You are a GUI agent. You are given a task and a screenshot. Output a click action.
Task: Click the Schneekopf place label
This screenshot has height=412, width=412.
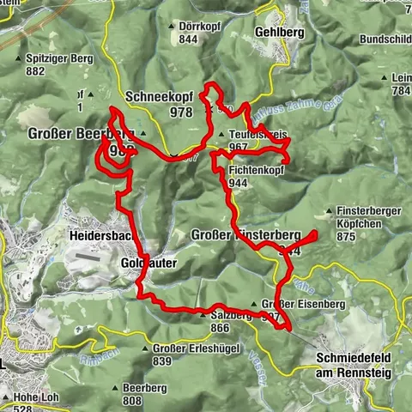point(159,98)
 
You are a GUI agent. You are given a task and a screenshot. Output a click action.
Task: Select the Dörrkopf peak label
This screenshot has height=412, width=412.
point(200,27)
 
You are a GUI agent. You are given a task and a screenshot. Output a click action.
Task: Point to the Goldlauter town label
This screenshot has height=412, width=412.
point(148,263)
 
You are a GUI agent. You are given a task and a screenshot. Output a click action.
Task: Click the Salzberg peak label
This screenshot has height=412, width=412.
point(228,315)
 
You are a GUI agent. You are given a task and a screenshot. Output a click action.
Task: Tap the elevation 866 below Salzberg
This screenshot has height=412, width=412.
point(218,327)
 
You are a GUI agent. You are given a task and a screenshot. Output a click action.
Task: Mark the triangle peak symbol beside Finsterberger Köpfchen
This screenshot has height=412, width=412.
point(330,211)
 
